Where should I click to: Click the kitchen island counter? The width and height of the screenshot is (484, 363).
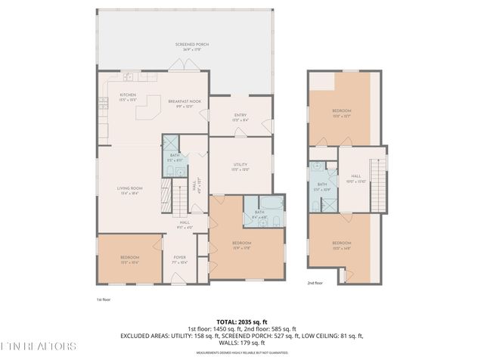coord(147,112)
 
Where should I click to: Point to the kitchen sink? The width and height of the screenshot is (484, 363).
coord(128,76)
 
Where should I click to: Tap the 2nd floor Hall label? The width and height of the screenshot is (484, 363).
coord(355,178)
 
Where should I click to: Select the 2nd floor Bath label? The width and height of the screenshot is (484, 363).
coord(322,186)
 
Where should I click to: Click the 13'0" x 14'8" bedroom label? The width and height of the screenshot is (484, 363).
coord(342,245)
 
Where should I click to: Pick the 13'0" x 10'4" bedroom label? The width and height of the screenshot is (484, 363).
coord(129,259)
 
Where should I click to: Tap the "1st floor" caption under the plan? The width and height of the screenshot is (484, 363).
coord(104,299)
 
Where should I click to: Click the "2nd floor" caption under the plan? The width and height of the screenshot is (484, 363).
coord(315,283)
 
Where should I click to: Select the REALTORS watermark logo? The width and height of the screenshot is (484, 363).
coord(39,347)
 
